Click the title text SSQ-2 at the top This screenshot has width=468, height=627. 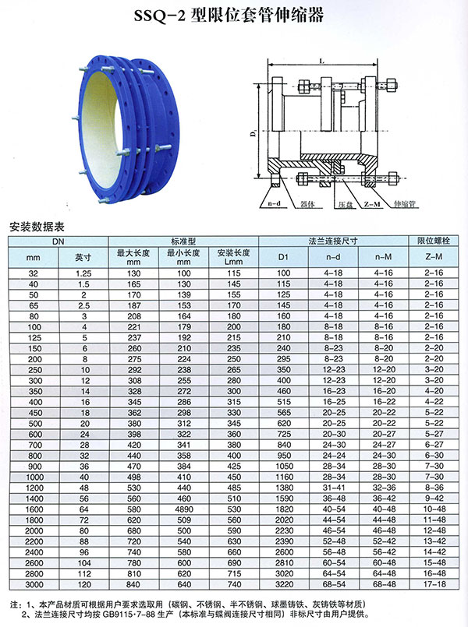(x=159, y=16)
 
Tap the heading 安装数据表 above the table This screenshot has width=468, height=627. (x=37, y=227)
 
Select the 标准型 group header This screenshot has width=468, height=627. (x=183, y=241)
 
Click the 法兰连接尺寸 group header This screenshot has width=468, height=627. (x=333, y=241)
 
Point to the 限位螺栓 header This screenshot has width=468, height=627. (x=434, y=241)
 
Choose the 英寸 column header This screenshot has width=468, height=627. (x=83, y=258)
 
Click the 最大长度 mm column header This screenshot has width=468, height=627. (x=133, y=258)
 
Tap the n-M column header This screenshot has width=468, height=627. (x=383, y=257)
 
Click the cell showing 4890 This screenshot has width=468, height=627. (x=184, y=509)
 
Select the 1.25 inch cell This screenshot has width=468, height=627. (x=83, y=273)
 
